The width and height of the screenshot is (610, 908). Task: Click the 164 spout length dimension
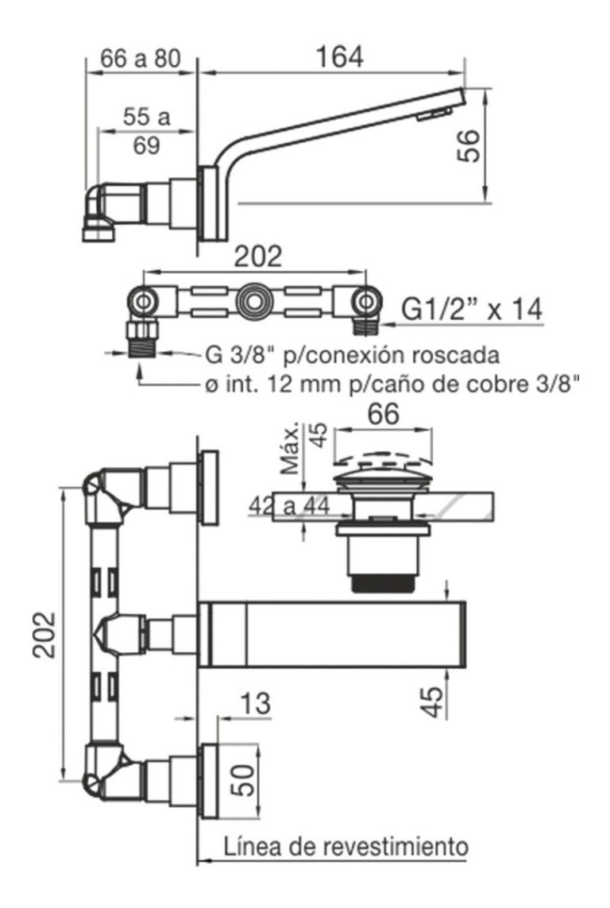point(340,57)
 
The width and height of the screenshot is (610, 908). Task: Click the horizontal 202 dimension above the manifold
point(258,257)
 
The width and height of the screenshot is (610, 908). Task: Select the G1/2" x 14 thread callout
point(471,310)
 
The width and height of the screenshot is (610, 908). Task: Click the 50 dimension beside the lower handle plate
point(243,781)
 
